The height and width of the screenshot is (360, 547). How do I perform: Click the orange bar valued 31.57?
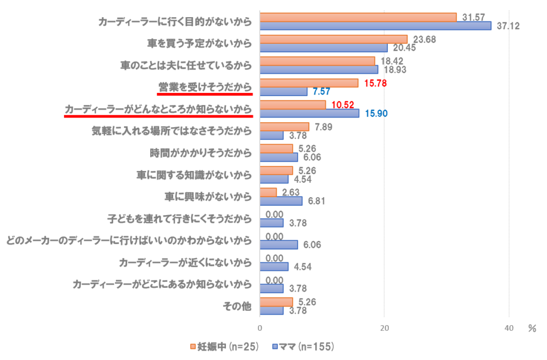pyautogui.click(x=358, y=17)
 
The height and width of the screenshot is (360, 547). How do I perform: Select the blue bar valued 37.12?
pyautogui.click(x=376, y=26)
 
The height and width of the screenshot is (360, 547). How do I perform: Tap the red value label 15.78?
pyautogui.click(x=375, y=83)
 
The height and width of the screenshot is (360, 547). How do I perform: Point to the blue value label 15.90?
pyautogui.click(x=376, y=113)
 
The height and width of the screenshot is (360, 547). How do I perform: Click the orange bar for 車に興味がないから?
pyautogui.click(x=268, y=192)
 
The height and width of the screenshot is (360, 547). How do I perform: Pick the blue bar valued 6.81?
pyautogui.click(x=281, y=201)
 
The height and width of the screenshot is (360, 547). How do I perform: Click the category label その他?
pyautogui.click(x=237, y=306)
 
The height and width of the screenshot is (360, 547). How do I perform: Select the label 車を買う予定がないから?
pyautogui.click(x=199, y=43)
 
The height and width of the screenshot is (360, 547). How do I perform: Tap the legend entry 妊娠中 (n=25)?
pyautogui.click(x=224, y=347)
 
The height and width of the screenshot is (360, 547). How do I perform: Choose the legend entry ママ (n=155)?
pyautogui.click(x=303, y=347)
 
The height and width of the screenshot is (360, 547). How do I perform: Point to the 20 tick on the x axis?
pyautogui.click(x=385, y=328)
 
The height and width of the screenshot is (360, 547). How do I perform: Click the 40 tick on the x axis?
pyautogui.click(x=509, y=328)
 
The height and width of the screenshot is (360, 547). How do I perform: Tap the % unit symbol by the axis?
pyautogui.click(x=532, y=328)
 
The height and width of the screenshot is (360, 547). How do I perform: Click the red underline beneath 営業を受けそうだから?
pyautogui.click(x=205, y=93)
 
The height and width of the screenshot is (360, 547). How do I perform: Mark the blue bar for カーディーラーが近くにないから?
pyautogui.click(x=274, y=267)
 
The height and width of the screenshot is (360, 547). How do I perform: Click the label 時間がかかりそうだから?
pyautogui.click(x=200, y=153)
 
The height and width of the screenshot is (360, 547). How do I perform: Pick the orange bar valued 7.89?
pyautogui.click(x=284, y=127)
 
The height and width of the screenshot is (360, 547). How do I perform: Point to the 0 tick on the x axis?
pyautogui.click(x=260, y=328)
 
